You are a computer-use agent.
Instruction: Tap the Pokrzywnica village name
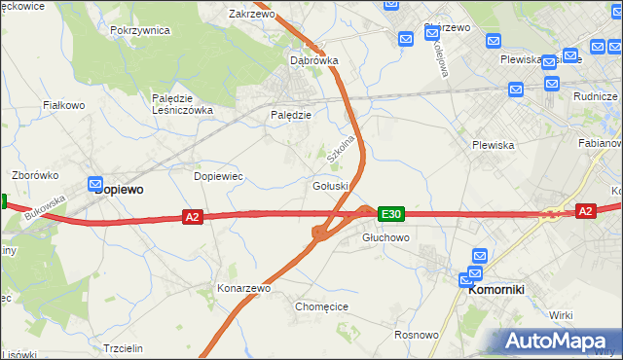pos(140,30)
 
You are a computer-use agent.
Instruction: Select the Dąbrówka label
pos(314,59)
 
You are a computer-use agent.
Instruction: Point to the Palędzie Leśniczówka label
pos(182,104)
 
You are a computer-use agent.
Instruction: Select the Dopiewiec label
pos(218,176)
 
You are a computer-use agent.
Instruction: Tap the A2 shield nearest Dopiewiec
pos(192,217)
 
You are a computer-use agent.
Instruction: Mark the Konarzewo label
pos(243,289)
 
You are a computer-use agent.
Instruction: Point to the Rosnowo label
pos(417,334)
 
